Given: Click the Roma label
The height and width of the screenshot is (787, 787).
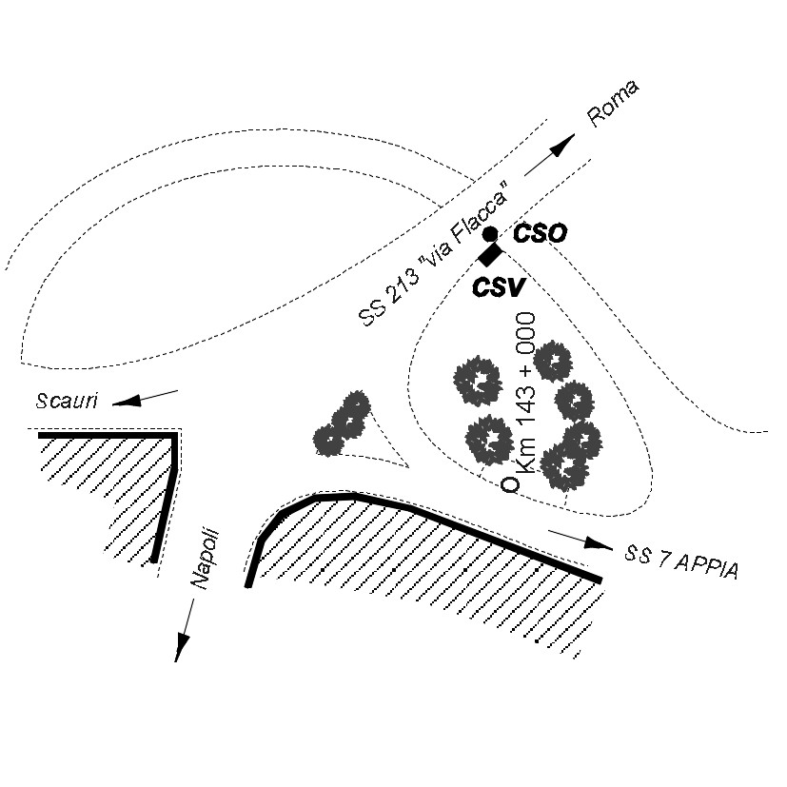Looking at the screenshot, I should [x=613, y=104].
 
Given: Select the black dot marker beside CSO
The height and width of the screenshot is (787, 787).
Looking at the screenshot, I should [x=489, y=234].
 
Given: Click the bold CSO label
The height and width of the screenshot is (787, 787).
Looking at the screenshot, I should [x=540, y=233].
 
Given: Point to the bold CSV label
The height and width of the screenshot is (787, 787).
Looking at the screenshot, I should [x=499, y=285].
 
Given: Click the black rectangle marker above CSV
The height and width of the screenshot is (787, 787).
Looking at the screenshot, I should [x=490, y=254].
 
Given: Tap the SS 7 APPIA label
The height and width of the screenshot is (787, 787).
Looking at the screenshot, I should [x=680, y=561].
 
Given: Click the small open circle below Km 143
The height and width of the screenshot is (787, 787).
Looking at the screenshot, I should [x=510, y=483].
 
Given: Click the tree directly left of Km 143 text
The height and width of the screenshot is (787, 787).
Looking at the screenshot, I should [x=478, y=381].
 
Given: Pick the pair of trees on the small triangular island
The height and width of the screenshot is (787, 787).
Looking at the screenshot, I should [x=342, y=424].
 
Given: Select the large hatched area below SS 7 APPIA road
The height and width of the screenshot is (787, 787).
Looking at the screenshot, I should [x=428, y=561].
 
